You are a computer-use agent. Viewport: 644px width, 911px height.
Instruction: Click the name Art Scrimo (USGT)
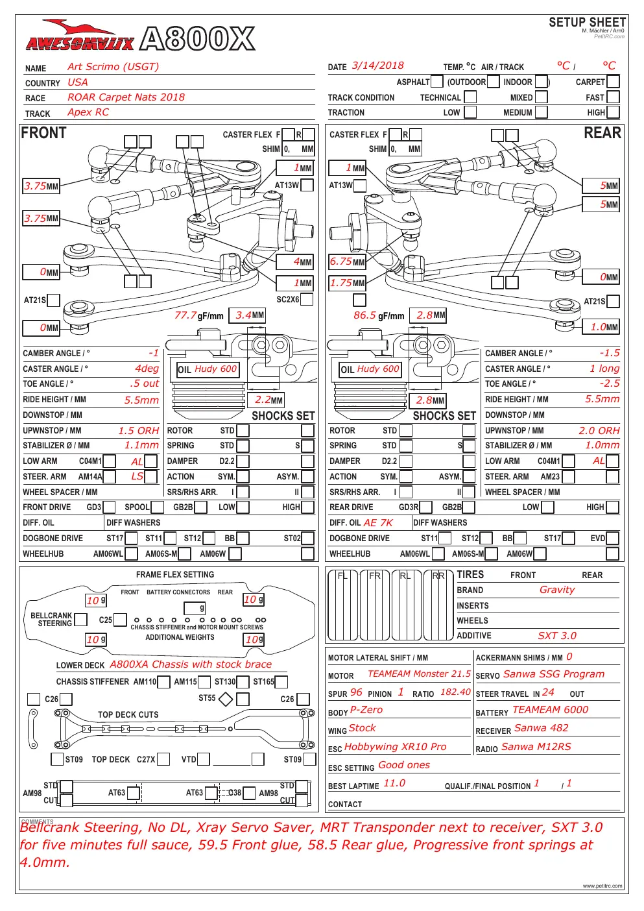(x=113, y=67)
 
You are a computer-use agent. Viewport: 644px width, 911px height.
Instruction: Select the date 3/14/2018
(x=377, y=66)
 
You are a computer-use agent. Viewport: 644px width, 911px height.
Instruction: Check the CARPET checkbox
(x=613, y=82)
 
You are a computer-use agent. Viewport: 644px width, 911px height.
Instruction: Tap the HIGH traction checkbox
(x=613, y=112)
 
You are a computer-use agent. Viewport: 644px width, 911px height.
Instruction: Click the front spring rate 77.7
(x=185, y=315)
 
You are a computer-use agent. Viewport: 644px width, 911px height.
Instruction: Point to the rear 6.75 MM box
(x=347, y=261)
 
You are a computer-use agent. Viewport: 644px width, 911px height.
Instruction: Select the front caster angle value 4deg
(x=147, y=369)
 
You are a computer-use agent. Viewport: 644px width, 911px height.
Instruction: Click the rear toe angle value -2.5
(x=610, y=383)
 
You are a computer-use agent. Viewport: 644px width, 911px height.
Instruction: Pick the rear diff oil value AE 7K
(x=378, y=523)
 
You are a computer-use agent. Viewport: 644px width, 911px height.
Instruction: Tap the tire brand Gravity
(x=557, y=590)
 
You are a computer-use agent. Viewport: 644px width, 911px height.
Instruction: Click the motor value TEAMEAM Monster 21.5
(x=419, y=674)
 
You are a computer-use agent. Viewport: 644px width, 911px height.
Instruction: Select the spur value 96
(x=356, y=692)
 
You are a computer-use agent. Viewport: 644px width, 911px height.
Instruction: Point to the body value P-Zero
(x=366, y=710)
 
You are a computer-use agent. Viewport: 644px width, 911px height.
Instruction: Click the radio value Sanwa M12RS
(x=536, y=747)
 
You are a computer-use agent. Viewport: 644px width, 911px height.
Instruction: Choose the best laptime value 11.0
(x=394, y=783)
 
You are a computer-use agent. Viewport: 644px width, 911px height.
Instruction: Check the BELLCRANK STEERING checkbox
(x=81, y=620)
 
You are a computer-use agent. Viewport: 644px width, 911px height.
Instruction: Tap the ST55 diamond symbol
(x=226, y=699)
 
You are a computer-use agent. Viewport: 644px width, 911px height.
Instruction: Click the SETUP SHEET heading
(x=587, y=22)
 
